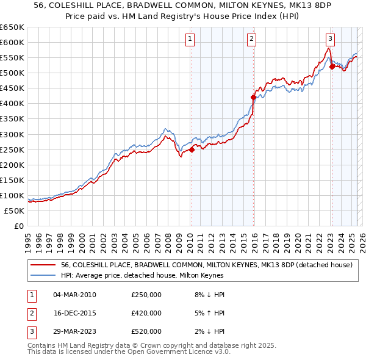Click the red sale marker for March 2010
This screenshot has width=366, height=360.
(x=192, y=149)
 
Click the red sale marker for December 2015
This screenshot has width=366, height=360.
(x=254, y=97)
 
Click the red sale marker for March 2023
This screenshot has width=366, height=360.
(x=332, y=67)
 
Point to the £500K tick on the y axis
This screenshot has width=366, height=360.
(x=13, y=73)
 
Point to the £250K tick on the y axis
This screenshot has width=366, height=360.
(x=13, y=149)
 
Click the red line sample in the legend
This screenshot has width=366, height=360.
(x=43, y=265)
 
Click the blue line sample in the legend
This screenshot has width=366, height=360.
(x=43, y=276)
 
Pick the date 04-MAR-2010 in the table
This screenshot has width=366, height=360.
(x=74, y=295)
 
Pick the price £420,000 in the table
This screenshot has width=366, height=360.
(x=146, y=313)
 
